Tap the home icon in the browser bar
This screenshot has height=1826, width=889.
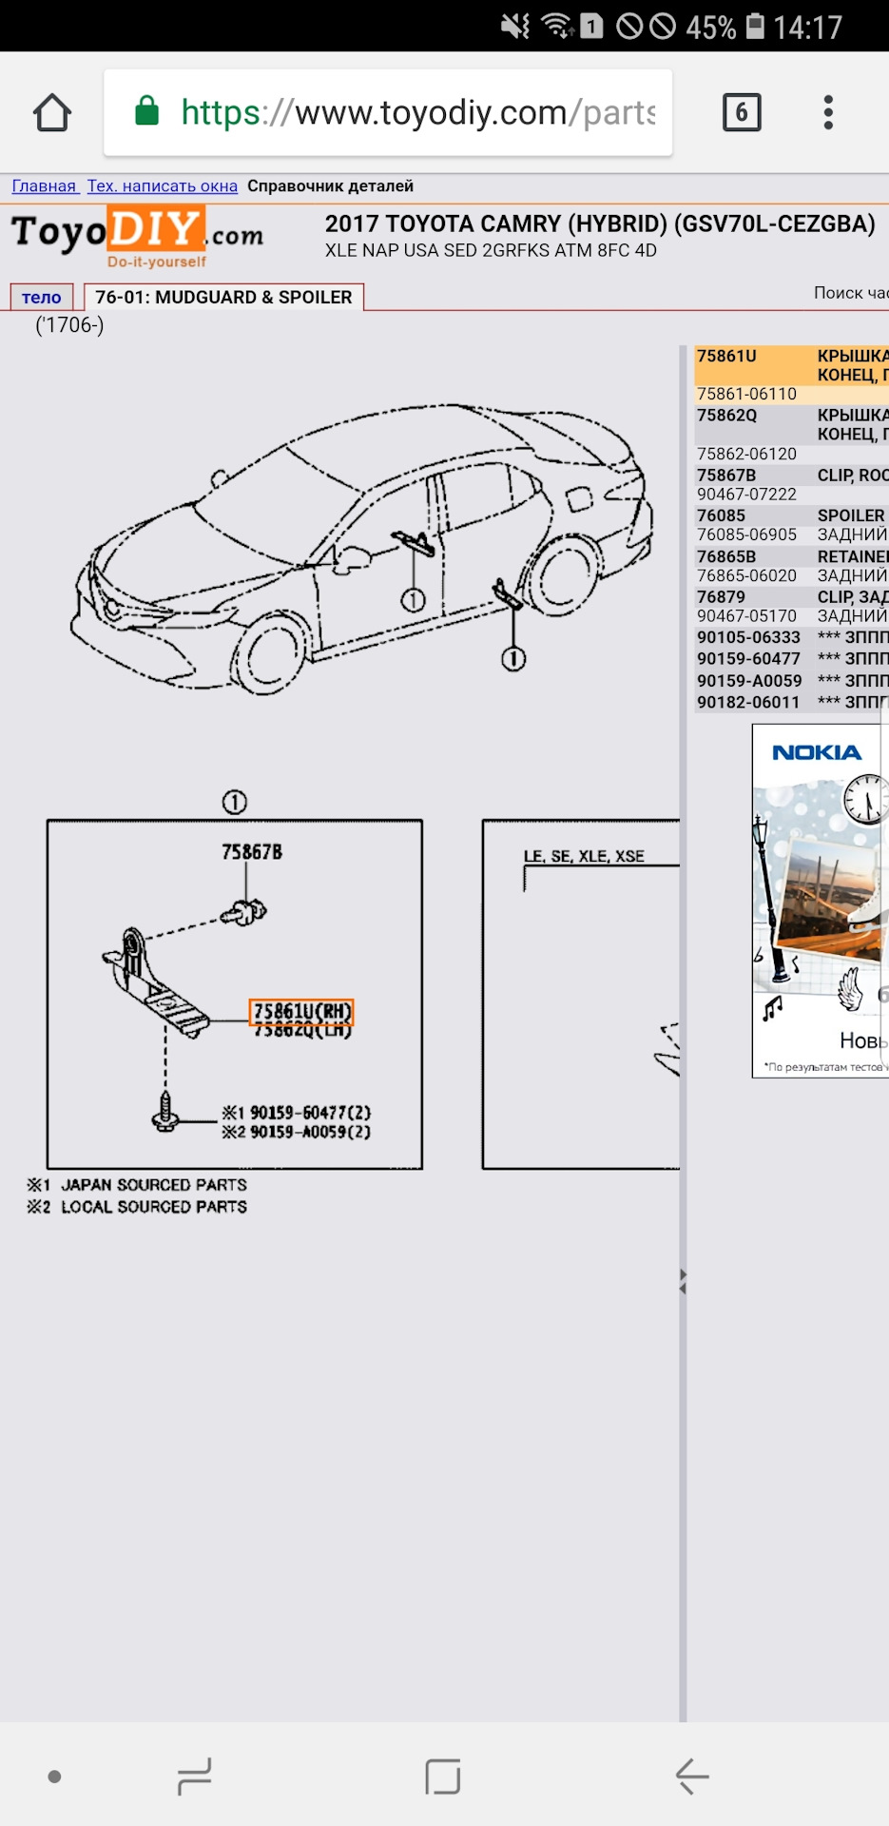click(52, 113)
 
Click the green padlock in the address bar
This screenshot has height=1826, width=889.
click(146, 111)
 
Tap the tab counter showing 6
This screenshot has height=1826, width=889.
click(742, 113)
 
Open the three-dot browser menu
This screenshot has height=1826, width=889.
click(828, 112)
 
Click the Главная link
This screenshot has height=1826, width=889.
click(44, 186)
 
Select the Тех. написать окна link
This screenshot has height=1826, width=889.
click(163, 186)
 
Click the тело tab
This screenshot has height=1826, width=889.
click(41, 298)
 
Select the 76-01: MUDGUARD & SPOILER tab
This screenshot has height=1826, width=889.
click(223, 298)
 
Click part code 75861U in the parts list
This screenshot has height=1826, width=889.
click(726, 357)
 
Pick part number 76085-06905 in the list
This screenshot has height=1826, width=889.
click(746, 534)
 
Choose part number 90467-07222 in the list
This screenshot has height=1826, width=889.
click(746, 495)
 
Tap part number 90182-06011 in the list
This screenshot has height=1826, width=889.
click(748, 703)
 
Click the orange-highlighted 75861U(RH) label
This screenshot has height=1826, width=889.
click(301, 1012)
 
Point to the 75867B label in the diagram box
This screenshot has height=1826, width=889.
click(252, 852)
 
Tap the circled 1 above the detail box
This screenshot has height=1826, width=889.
click(235, 803)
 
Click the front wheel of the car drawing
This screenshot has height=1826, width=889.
click(269, 655)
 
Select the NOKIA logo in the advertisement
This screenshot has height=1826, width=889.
click(817, 753)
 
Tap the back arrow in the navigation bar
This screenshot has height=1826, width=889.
click(692, 1776)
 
